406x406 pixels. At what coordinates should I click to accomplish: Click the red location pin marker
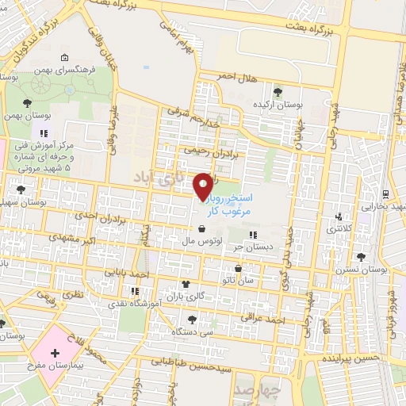(x=204, y=186)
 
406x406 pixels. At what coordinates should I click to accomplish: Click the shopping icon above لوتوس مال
(x=205, y=226)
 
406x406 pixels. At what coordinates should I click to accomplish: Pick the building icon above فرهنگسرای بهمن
(x=63, y=57)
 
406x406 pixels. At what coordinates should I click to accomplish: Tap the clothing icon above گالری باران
(x=186, y=282)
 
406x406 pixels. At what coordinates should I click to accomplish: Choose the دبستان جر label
(x=253, y=247)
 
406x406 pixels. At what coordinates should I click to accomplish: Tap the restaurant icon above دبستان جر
(x=253, y=235)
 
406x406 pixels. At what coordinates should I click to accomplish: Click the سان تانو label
(x=239, y=281)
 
